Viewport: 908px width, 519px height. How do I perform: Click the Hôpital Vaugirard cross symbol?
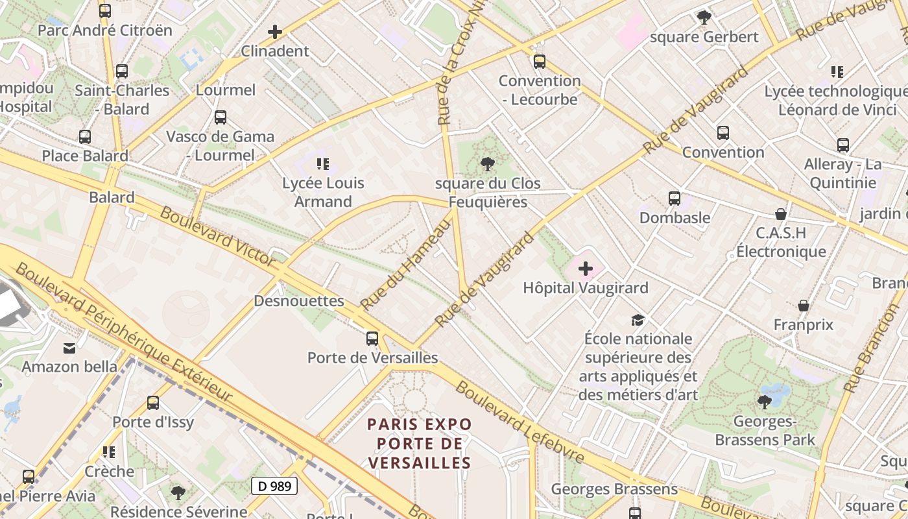click(586, 268)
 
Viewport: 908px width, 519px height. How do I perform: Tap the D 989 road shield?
click(274, 486)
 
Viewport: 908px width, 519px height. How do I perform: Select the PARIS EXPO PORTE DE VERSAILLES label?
click(419, 444)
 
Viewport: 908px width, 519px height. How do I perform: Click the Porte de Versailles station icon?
click(372, 338)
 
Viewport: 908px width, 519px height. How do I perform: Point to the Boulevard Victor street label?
click(217, 236)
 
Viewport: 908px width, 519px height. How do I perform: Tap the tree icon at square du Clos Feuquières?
click(487, 164)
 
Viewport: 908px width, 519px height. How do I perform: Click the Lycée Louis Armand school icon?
click(323, 164)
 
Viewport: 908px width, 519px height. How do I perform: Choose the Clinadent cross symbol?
click(275, 31)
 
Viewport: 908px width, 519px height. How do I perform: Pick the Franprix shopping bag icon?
click(804, 306)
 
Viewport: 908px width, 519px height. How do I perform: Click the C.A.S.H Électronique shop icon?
click(781, 214)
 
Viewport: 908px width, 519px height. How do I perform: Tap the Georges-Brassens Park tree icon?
click(765, 402)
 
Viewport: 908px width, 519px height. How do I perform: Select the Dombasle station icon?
click(675, 199)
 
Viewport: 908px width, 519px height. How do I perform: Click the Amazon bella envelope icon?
click(69, 348)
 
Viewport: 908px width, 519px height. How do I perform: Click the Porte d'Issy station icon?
click(153, 403)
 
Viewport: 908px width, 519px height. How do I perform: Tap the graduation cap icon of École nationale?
click(638, 320)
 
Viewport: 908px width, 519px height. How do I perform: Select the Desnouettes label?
click(299, 301)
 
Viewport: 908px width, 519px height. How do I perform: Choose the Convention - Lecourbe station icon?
click(539, 62)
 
